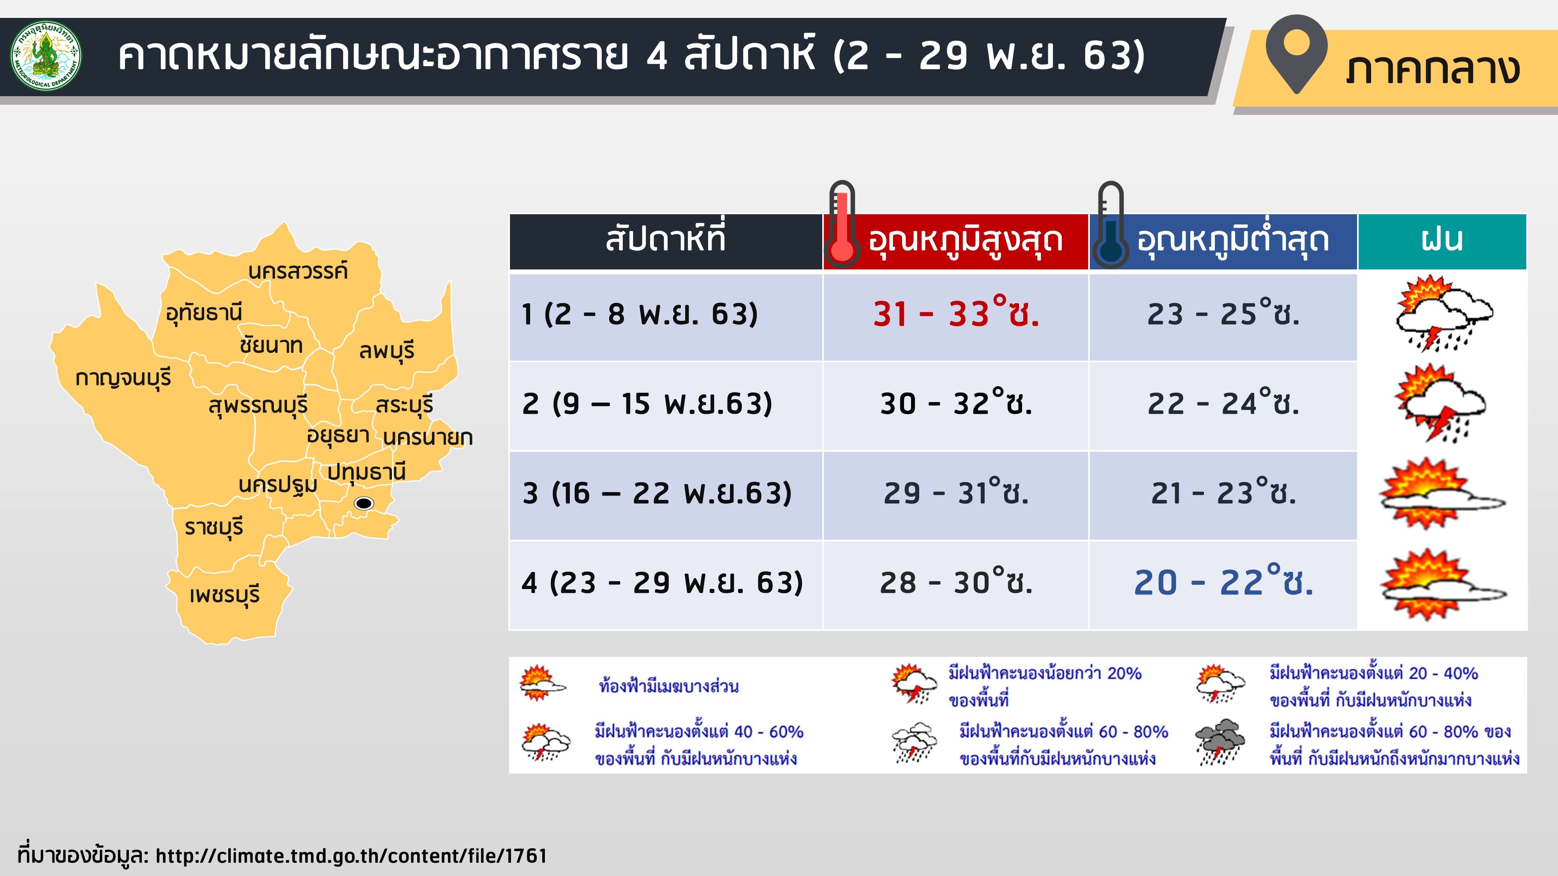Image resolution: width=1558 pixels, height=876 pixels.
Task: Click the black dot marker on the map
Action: tap(363, 503)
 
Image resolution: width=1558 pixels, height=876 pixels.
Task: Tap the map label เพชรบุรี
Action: tap(224, 595)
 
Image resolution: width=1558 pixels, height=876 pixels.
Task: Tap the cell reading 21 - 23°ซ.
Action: tap(1223, 493)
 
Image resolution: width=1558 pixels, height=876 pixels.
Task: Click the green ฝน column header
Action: tap(1442, 241)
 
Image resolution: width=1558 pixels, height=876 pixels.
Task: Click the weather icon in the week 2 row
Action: tap(1441, 403)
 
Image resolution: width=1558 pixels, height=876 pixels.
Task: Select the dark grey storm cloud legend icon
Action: tap(1220, 742)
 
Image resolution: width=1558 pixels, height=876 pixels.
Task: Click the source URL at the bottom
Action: tap(351, 855)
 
